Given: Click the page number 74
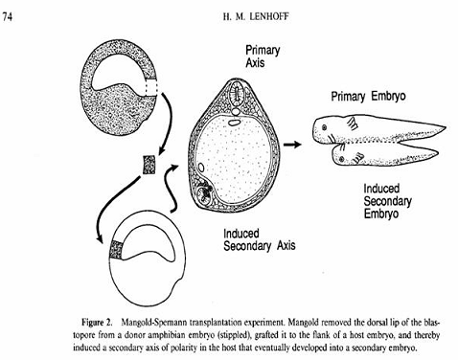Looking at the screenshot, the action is click(8, 16).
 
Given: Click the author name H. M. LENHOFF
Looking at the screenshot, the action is click(256, 16).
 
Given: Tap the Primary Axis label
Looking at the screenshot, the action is click(263, 56).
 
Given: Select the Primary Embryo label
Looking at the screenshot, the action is click(368, 96).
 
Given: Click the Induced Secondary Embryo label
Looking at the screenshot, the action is click(387, 201).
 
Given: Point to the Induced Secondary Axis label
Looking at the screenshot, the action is click(259, 240).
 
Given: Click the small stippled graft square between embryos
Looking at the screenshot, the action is click(149, 165).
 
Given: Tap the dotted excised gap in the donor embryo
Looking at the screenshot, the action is click(151, 86).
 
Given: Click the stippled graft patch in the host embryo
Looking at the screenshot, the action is click(116, 250).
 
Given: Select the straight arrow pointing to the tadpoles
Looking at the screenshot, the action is click(292, 145).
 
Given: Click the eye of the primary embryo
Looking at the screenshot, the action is click(325, 127).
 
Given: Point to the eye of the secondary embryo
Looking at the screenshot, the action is click(341, 159).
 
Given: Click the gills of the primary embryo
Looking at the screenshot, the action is click(353, 124).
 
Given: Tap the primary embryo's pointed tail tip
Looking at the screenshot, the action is click(445, 127).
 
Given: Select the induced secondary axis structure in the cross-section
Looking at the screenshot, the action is click(204, 194).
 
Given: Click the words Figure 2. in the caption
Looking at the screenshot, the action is click(98, 323).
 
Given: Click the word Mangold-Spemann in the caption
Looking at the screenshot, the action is click(154, 323).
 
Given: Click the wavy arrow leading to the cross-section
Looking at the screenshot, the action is click(170, 189).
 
